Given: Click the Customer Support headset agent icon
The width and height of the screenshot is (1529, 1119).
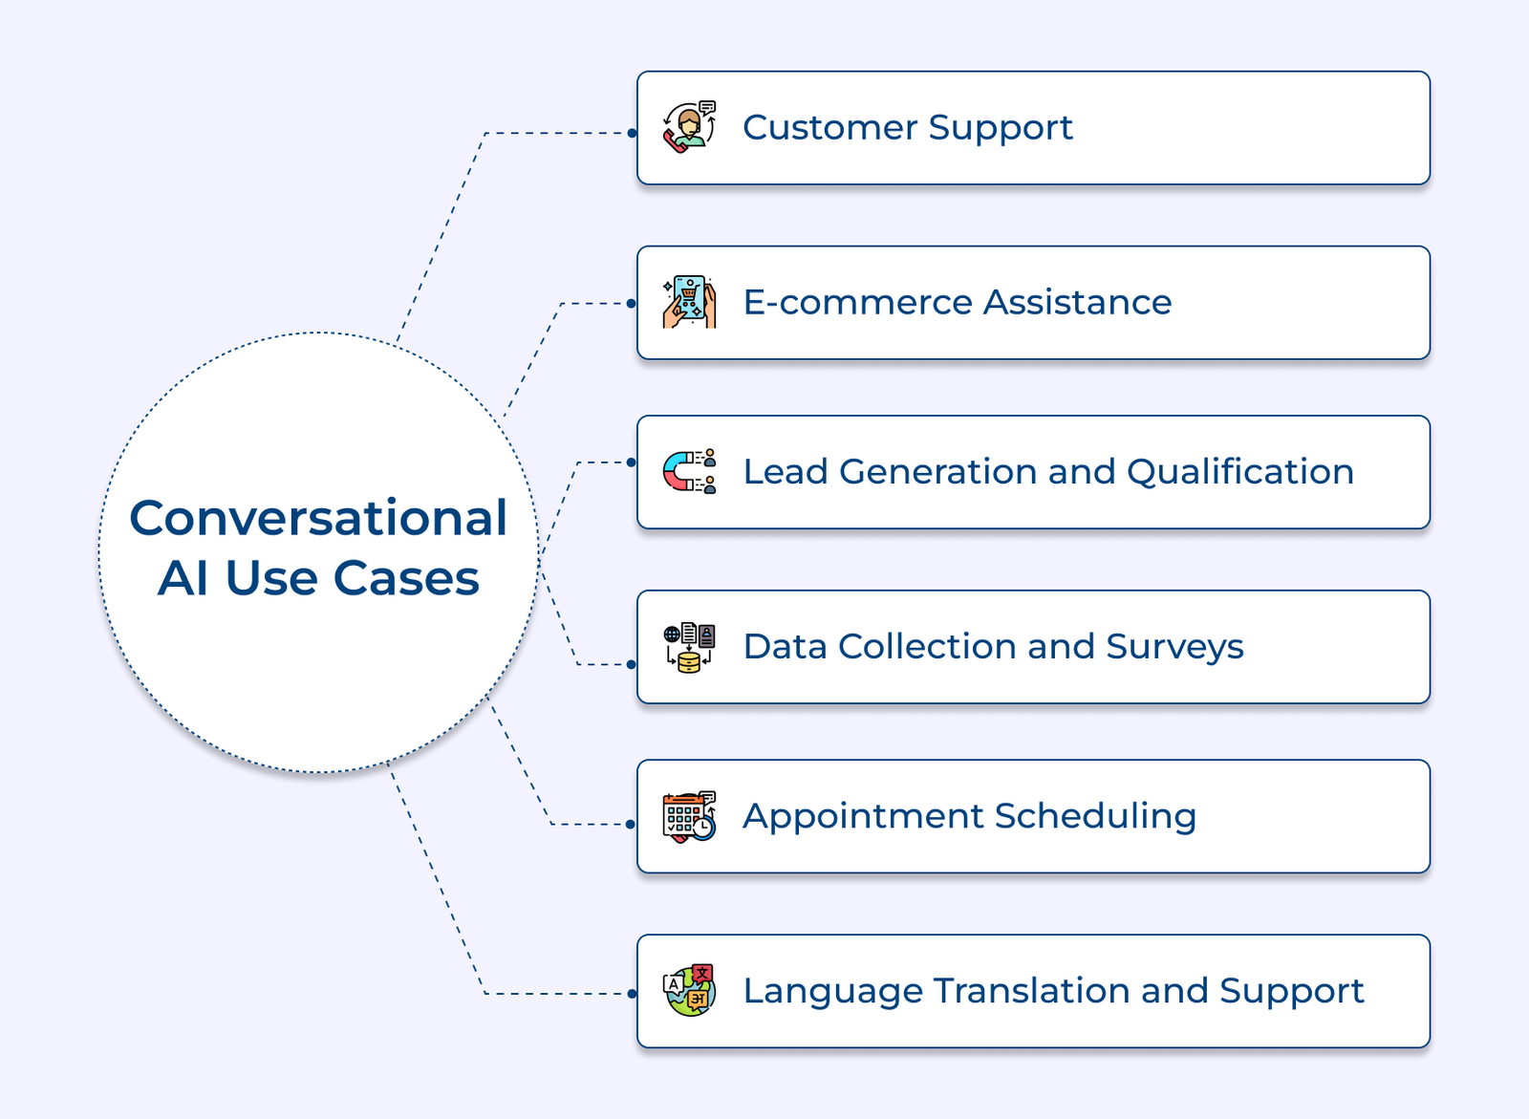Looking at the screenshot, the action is tap(689, 127).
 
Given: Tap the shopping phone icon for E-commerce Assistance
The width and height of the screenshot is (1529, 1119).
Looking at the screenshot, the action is tap(689, 302).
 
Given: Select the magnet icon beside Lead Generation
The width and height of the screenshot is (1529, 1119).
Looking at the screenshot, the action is tap(689, 471).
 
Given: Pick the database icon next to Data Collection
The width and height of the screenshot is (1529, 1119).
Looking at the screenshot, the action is tap(689, 647).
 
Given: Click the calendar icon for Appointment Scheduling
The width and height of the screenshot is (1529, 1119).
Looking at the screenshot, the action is tap(689, 816).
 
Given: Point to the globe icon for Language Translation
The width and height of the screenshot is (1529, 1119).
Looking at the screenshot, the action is tap(689, 991).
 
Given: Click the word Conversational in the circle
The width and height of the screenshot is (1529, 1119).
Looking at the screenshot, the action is tap(318, 518).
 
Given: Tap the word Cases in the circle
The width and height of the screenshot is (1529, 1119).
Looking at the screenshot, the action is tap(406, 578).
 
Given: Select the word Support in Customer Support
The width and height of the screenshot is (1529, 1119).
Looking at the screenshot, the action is tap(1001, 129).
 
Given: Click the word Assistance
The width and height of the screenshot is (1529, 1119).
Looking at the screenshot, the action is tap(1078, 303).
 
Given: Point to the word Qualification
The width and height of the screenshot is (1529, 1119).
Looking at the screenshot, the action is tap(1240, 472).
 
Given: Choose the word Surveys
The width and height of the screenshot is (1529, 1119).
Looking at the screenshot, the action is tap(1174, 648).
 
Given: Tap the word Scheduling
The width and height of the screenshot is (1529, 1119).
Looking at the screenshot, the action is tap(1095, 817).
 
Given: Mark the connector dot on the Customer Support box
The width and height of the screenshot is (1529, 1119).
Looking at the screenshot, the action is tap(632, 133).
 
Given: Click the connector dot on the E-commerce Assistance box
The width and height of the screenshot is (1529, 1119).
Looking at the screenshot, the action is tap(632, 303).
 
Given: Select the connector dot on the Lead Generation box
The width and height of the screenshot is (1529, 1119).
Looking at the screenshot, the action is tap(632, 463).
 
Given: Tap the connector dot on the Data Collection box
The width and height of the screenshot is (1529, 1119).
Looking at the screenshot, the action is tap(632, 664).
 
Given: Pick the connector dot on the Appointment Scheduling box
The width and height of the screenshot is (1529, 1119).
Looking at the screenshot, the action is tap(631, 824).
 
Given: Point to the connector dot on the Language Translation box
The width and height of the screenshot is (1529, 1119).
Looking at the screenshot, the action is tap(632, 994).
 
